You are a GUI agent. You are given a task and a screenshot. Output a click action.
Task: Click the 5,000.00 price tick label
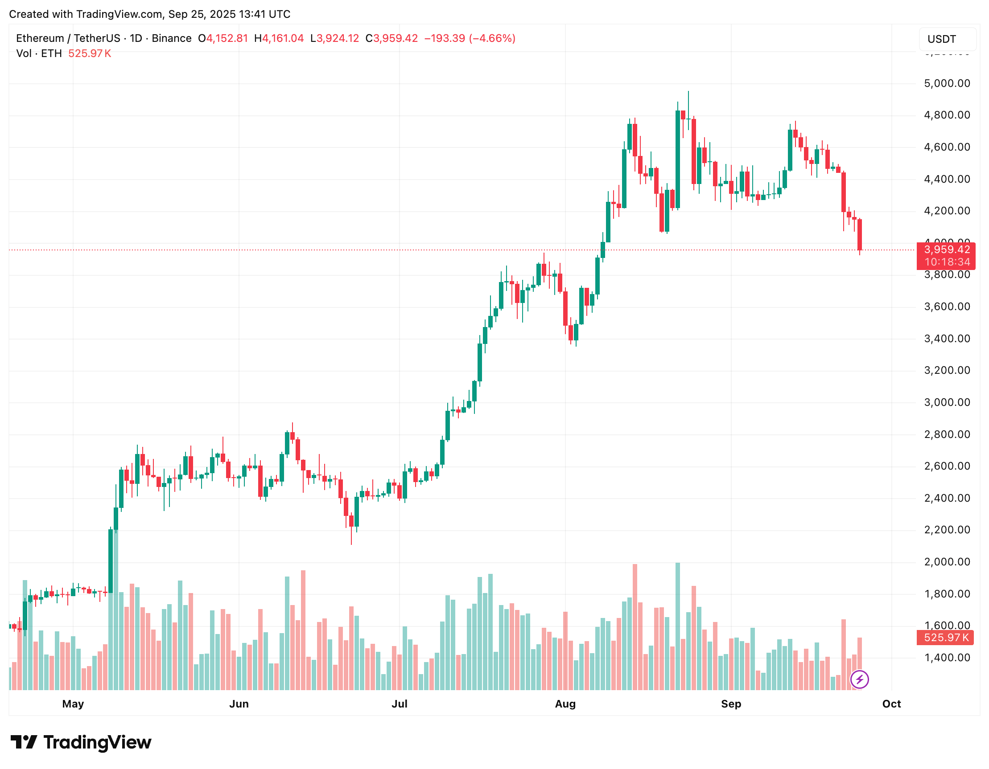tap(947, 83)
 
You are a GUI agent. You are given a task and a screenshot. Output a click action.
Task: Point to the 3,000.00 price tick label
tap(947, 402)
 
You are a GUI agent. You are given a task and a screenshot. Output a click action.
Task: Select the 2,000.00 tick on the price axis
tap(947, 561)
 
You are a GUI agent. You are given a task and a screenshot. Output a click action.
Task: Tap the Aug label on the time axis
tap(565, 704)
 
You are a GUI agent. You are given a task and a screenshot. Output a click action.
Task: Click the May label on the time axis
tap(73, 704)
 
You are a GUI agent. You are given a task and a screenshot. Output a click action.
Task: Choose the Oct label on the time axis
tap(891, 704)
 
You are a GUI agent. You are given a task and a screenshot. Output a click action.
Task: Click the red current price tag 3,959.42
tap(946, 250)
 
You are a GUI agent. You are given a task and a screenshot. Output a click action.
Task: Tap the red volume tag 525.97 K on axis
tap(946, 638)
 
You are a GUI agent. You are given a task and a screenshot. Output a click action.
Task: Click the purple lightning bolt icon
tap(859, 679)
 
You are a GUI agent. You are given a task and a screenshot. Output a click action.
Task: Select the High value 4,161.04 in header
tap(283, 38)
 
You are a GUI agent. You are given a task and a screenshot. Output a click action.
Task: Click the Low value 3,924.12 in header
tap(338, 38)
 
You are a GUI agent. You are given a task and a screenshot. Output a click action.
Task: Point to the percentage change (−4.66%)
tap(492, 38)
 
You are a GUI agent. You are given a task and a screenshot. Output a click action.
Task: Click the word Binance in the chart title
tap(171, 38)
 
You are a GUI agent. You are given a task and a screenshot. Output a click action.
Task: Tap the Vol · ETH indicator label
tap(39, 53)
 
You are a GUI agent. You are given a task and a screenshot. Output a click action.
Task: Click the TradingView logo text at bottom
tap(97, 742)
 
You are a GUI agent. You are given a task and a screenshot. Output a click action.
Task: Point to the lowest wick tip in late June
tap(351, 544)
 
